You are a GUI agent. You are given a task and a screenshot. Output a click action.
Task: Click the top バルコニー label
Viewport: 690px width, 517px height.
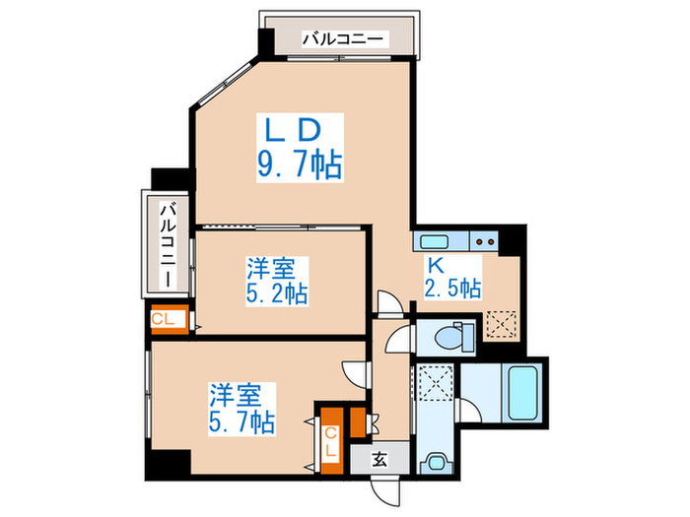click(x=346, y=40)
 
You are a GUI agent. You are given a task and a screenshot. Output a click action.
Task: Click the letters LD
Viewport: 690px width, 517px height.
click(x=292, y=128)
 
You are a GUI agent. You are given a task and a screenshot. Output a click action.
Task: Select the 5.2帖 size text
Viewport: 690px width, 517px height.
click(x=276, y=293)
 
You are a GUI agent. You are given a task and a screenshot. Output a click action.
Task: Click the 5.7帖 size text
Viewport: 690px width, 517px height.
click(x=241, y=422)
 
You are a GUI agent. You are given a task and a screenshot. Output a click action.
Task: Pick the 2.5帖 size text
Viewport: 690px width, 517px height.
click(x=453, y=289)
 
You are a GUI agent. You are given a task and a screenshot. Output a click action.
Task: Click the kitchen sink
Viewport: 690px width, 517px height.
click(x=435, y=240)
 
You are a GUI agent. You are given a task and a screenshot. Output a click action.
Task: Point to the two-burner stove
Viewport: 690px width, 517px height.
click(x=483, y=240)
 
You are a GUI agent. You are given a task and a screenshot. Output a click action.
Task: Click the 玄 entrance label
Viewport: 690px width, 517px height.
click(x=380, y=458)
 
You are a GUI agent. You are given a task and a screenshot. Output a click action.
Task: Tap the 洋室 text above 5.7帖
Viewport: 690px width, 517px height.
click(x=235, y=396)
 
